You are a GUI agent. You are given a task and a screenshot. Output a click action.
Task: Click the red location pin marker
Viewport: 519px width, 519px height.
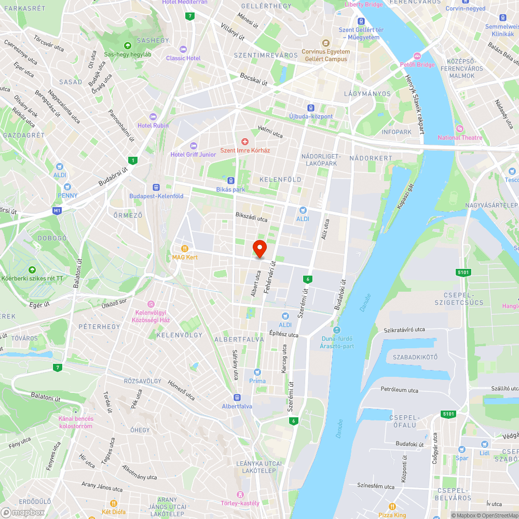(259, 249)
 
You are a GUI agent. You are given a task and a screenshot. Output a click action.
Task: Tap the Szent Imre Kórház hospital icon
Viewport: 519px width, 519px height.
(245, 142)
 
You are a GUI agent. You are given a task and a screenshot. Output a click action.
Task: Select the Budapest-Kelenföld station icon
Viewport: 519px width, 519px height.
(156, 187)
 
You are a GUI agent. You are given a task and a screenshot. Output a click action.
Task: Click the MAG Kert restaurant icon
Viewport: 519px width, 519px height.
(184, 249)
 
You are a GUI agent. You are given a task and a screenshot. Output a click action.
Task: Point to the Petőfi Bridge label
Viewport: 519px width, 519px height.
(418, 65)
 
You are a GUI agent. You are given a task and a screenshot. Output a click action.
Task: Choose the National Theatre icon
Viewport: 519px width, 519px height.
(459, 129)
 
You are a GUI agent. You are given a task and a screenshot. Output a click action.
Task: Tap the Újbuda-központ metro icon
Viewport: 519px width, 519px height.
(310, 108)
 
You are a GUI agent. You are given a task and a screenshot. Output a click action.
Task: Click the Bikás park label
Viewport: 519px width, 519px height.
(230, 189)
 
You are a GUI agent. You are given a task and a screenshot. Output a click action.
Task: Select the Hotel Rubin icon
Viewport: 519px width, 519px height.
(153, 117)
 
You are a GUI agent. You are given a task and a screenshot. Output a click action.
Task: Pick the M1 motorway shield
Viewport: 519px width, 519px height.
(57, 211)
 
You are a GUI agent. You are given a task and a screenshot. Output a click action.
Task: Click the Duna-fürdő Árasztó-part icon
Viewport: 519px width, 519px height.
(337, 330)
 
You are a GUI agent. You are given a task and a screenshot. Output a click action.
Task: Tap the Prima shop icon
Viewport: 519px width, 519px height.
(257, 372)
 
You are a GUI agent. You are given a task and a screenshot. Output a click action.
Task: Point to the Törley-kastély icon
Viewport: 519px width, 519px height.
(239, 494)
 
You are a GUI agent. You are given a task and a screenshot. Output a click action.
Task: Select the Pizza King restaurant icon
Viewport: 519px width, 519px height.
(392, 507)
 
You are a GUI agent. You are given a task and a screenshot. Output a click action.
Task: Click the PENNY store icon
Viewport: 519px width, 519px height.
(67, 187)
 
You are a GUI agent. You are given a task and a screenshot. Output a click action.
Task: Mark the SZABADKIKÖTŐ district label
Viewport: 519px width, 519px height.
(415, 357)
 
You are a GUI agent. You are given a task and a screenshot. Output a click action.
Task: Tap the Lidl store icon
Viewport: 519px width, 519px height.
(484, 444)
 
